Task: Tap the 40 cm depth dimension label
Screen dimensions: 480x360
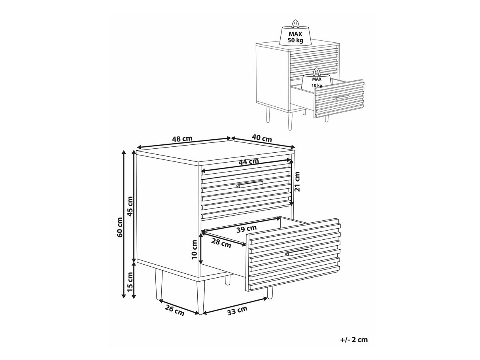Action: point(262,138)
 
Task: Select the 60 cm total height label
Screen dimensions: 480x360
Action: point(120,227)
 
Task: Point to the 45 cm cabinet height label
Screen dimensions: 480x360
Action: point(130,206)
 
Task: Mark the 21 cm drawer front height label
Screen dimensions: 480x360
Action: point(297,182)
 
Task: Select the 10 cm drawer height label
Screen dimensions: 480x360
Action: point(194,250)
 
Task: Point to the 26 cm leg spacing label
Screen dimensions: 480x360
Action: point(174,311)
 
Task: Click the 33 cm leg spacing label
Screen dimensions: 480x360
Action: point(237,311)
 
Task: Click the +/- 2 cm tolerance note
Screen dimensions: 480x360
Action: point(354,340)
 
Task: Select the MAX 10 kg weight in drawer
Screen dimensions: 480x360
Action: point(317,79)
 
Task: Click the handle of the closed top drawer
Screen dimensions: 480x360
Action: point(250,184)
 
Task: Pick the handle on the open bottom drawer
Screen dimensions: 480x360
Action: point(299,252)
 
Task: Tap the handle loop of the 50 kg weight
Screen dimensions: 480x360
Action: point(295,24)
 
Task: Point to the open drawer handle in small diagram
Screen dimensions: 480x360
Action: point(342,97)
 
